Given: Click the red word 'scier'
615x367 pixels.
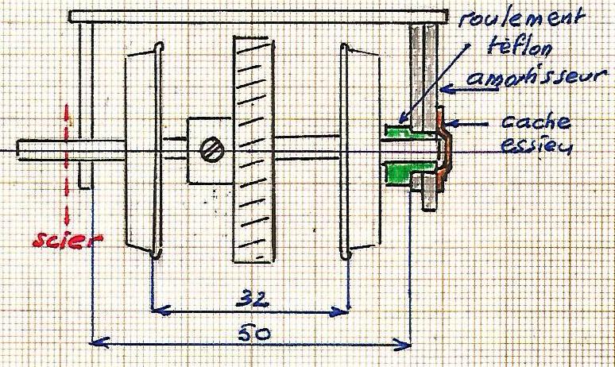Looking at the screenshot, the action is (68, 240).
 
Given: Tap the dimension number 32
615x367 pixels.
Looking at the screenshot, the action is (253, 299).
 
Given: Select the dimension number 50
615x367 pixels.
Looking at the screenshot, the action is (254, 334).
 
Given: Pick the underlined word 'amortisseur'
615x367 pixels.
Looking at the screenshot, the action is (537, 77).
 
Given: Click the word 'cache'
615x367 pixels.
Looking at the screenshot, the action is (536, 122).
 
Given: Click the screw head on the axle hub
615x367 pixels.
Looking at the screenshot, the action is (212, 151).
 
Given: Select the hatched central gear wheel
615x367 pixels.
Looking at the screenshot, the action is (253, 150).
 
